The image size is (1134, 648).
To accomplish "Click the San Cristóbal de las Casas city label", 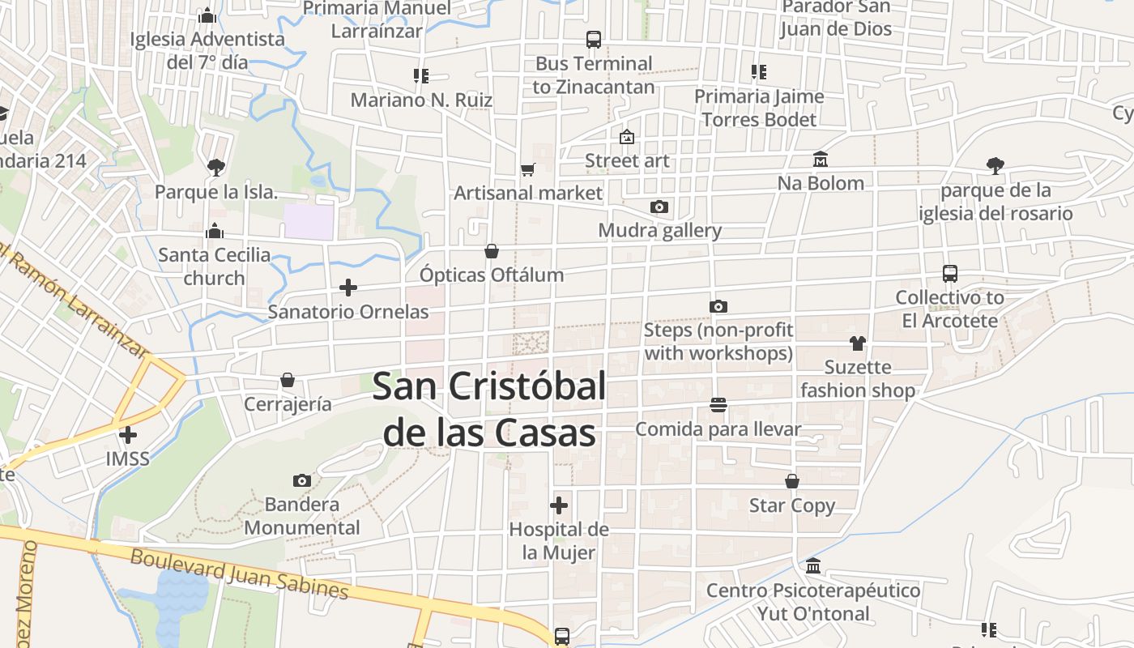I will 489,410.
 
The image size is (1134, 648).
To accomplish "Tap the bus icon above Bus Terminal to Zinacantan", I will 594,39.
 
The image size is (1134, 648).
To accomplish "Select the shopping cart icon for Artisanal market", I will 528,169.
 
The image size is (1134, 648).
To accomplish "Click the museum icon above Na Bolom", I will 821,160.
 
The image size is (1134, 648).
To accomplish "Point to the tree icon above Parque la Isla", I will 215,168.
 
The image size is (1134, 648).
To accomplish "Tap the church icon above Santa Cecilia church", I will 215,231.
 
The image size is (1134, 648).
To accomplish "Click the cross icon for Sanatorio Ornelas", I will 348,288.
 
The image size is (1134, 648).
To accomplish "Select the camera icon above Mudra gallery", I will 659,207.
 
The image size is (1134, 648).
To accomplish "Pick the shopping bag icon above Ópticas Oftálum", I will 492,252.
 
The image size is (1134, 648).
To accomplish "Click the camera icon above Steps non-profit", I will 718,306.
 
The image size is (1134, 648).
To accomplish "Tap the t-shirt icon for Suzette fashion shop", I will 858,343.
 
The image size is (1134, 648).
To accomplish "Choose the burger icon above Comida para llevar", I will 718,404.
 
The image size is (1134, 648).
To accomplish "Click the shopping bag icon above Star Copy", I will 792,482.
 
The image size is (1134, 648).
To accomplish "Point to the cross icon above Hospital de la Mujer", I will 559,506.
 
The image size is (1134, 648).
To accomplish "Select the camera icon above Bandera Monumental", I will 302,481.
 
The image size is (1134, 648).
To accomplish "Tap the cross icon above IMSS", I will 128,435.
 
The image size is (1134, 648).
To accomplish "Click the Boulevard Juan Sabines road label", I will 239,574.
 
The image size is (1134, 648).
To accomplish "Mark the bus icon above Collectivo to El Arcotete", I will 950,274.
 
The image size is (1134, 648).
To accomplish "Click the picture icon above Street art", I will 626,137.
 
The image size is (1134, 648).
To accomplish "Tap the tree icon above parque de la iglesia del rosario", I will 995,166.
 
